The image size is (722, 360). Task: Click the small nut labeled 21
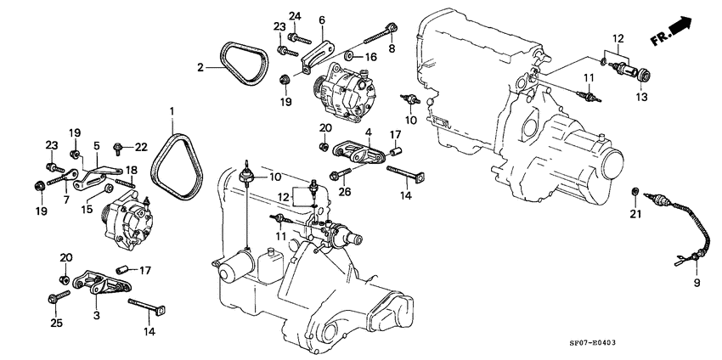click(635, 190)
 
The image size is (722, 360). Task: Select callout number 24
click(295, 16)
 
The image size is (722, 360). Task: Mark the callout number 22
click(142, 148)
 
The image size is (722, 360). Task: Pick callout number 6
click(322, 20)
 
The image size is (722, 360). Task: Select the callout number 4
click(368, 132)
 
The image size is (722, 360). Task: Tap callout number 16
click(370, 57)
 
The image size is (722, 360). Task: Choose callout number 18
click(132, 170)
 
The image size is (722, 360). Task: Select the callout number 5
click(96, 145)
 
